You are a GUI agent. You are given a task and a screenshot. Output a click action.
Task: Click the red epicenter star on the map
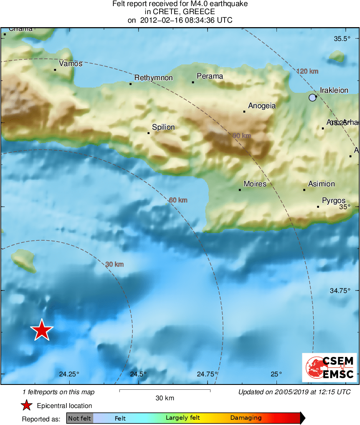tap(42, 330)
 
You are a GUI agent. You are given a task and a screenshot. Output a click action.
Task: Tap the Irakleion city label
tap(334, 90)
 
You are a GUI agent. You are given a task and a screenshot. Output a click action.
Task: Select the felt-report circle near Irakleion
tap(312, 97)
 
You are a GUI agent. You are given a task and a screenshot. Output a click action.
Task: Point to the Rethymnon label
tap(153, 78)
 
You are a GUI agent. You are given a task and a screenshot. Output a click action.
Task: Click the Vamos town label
tap(71, 64)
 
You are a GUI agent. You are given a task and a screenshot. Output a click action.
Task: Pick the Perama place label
tap(210, 76)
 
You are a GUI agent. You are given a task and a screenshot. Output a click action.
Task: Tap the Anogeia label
tap(262, 106)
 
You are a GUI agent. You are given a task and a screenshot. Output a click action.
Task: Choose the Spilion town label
tap(163, 127)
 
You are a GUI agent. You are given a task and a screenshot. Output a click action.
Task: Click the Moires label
tap(255, 184)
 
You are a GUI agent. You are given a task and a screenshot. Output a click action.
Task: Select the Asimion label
tap(321, 184)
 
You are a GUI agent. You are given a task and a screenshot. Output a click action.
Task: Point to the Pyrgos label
tap(334, 201)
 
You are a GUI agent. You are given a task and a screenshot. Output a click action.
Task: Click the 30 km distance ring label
tap(114, 265)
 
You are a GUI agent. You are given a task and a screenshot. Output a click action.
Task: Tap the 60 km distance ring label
tap(178, 200)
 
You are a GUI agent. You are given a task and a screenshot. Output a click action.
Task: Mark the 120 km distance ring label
tap(307, 71)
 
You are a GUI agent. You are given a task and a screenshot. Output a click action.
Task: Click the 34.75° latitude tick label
tap(340, 290)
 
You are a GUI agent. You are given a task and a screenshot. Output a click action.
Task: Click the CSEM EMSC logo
tap(329, 367)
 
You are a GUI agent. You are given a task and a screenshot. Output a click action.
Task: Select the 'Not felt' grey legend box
tap(79, 418)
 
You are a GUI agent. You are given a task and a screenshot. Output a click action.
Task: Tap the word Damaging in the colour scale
tap(246, 418)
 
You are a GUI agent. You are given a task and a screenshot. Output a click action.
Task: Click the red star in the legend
tap(27, 406)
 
